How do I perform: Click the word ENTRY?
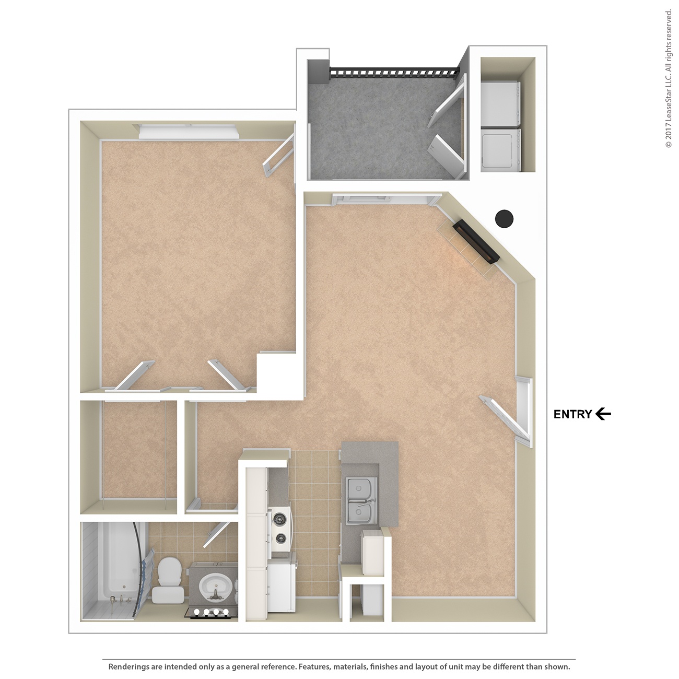pos(572,414)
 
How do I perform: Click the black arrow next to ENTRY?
pos(603,414)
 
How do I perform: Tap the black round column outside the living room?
pos(504,218)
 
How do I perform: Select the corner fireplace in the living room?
pos(475,242)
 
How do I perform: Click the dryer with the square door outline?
pos(500,149)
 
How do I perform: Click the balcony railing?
pos(394,72)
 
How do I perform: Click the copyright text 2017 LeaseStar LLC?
pos(669,78)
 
